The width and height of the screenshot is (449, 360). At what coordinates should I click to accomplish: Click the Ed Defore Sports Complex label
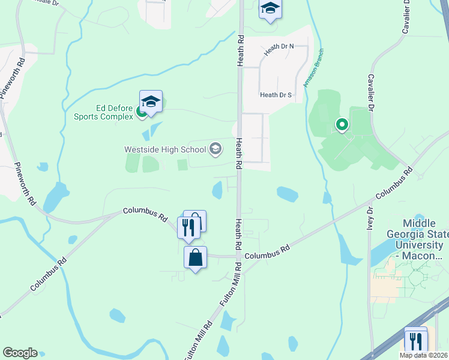tap(103, 112)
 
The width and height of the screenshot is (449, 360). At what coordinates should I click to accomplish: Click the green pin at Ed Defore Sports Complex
tap(141, 111)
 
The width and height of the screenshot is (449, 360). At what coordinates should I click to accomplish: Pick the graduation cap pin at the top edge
tap(270, 9)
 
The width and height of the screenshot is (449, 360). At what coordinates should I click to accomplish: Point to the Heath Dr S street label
tap(276, 95)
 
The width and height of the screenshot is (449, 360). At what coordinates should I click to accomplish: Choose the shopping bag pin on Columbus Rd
tap(195, 258)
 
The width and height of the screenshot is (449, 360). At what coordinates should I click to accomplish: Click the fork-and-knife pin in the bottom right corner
tap(415, 341)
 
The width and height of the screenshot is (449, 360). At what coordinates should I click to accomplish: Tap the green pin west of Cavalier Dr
tap(342, 125)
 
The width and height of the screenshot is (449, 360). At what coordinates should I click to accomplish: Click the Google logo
tap(20, 353)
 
